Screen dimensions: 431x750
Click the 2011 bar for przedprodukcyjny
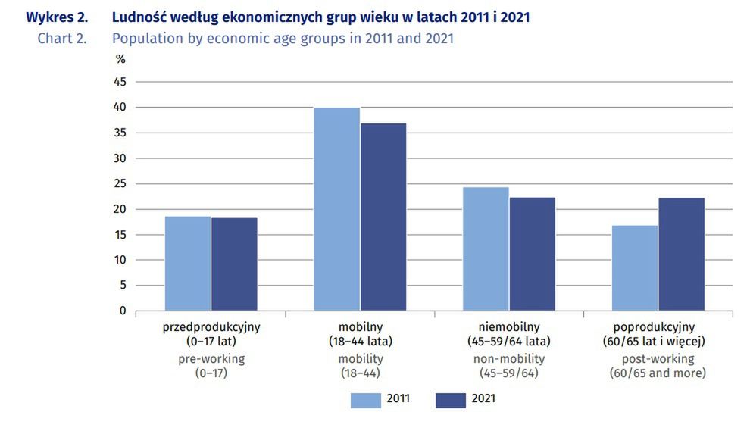click(x=188, y=264)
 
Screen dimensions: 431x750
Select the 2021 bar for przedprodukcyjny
click(x=234, y=264)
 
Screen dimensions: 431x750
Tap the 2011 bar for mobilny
click(x=337, y=209)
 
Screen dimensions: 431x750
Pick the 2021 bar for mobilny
click(x=383, y=217)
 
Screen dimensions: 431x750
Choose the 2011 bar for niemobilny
click(x=486, y=248)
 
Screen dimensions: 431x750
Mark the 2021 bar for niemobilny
click(x=532, y=254)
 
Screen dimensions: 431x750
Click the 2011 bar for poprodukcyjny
click(x=635, y=267)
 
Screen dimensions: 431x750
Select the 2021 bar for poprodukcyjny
click(x=681, y=254)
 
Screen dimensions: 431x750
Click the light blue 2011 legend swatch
click(x=365, y=400)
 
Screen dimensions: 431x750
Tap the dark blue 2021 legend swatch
click(x=450, y=400)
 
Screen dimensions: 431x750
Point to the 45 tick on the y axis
click(x=120, y=82)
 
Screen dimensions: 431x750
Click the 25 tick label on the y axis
click(x=120, y=184)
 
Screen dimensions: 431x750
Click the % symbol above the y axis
click(x=120, y=59)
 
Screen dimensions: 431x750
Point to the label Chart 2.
click(x=62, y=38)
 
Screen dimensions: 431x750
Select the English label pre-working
click(x=211, y=359)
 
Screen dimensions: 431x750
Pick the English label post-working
click(x=658, y=359)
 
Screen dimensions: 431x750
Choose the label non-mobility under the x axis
click(x=509, y=359)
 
